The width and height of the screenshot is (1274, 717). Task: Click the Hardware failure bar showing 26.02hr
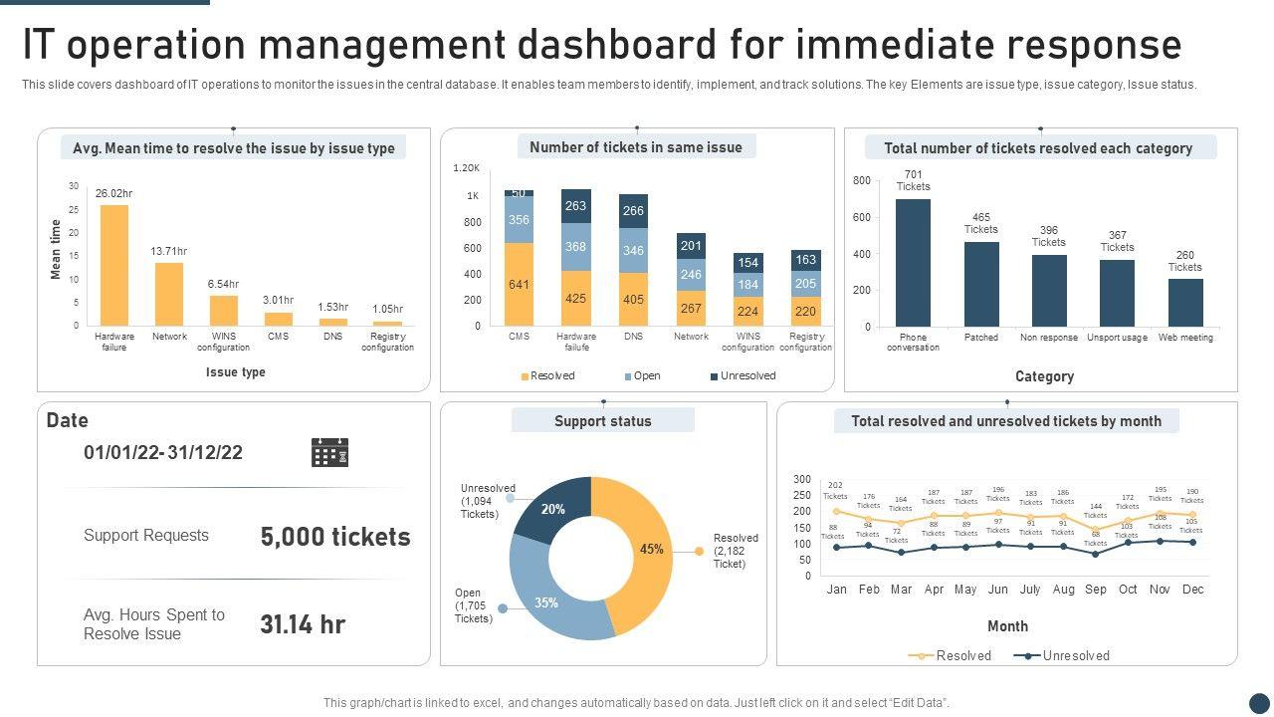(114, 265)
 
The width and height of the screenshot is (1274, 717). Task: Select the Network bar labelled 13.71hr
(169, 294)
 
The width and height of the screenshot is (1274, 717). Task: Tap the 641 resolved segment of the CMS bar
(519, 285)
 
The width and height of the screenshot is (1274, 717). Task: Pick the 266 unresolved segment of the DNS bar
(633, 211)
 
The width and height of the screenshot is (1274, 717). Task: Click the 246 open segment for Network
(691, 275)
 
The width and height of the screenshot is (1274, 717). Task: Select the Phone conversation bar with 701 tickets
(913, 263)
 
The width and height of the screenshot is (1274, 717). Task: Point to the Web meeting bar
(1185, 303)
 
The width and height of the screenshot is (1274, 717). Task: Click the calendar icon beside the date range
(329, 452)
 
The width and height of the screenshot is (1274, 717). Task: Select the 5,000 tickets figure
(335, 537)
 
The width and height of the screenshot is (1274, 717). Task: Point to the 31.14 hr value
(303, 624)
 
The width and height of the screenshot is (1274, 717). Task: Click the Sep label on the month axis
(1096, 590)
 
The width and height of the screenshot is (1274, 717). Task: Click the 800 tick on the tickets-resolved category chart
(862, 181)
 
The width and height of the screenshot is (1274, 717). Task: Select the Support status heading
(603, 421)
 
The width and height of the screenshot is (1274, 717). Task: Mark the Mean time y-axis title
(56, 250)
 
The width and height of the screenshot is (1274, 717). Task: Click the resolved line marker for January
(836, 511)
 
